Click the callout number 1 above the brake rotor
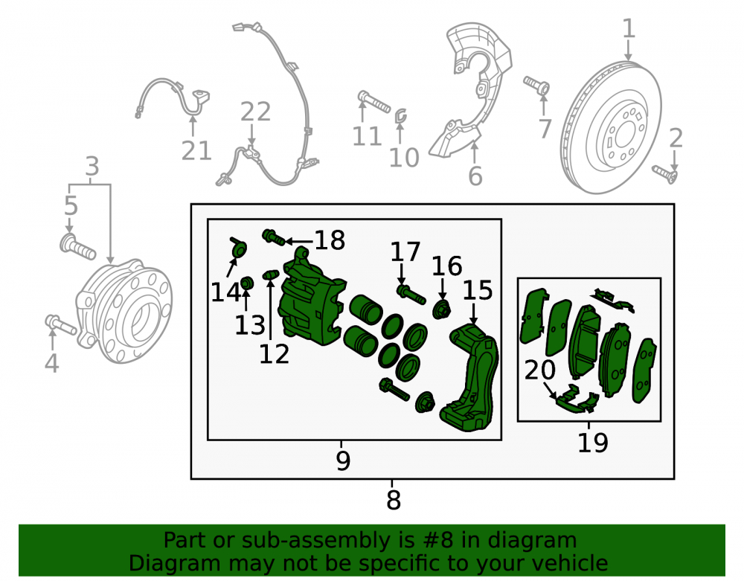[x=629, y=29]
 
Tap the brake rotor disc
[x=611, y=127]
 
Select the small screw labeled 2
[x=664, y=174]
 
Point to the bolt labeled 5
[x=77, y=246]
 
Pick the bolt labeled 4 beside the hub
[x=61, y=325]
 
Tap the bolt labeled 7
[x=536, y=86]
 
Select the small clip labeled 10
[x=401, y=115]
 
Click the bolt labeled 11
[x=374, y=101]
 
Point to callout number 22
[x=255, y=112]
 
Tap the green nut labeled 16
[x=442, y=309]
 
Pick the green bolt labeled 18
[x=274, y=237]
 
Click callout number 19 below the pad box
[x=593, y=443]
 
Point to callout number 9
[x=343, y=460]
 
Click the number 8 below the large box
[x=394, y=500]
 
